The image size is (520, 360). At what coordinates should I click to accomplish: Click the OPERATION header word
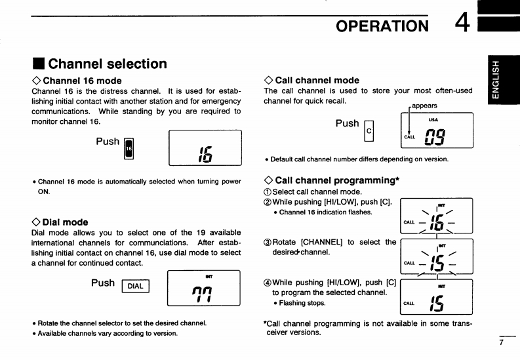382,26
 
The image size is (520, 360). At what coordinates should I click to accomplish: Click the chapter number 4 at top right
462,24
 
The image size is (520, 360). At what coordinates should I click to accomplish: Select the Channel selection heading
108,64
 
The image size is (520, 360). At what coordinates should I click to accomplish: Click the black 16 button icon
129,149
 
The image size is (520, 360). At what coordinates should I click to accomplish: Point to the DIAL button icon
136,285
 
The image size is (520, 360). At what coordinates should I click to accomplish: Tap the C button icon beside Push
369,131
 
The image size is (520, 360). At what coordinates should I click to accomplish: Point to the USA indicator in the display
433,119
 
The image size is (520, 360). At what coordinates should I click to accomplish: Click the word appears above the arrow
424,105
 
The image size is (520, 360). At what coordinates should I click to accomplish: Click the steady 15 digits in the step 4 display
435,303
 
